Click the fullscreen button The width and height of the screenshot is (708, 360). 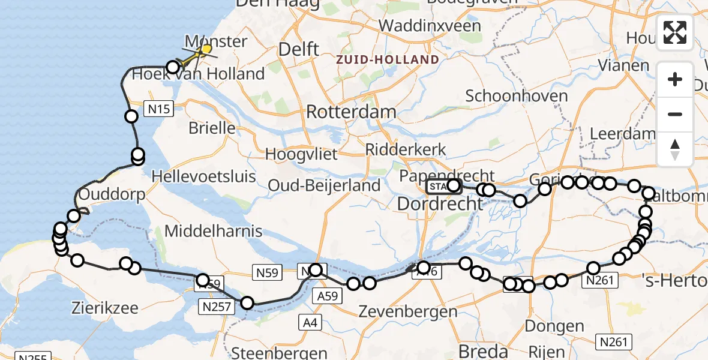[675, 32]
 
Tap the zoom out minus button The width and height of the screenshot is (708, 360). [675, 114]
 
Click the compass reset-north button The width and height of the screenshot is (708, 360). [675, 149]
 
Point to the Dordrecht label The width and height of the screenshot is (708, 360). [440, 204]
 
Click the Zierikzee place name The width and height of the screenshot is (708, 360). [105, 308]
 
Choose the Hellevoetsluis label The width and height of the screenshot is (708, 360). [204, 177]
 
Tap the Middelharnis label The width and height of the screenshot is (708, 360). [214, 231]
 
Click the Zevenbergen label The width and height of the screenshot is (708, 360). [408, 311]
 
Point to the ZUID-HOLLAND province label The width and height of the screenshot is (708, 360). [388, 60]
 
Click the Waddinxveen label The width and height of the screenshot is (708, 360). [430, 26]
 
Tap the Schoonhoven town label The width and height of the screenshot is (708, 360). [516, 96]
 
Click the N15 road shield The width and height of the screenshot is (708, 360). [160, 109]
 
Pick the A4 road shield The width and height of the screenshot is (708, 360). [310, 323]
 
